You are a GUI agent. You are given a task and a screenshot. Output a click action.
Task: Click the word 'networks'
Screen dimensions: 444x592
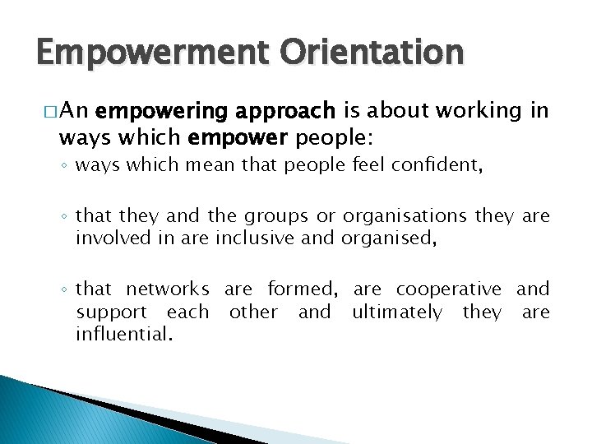[x=167, y=289]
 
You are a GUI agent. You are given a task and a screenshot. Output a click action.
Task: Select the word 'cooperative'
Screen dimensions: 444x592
[x=448, y=289]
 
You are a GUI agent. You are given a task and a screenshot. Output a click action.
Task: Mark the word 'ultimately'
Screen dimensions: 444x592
[x=396, y=312]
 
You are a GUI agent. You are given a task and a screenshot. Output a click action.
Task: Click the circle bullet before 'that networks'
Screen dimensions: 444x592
[x=65, y=290]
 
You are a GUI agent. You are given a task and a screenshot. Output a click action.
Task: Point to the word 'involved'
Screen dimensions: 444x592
[x=108, y=238]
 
